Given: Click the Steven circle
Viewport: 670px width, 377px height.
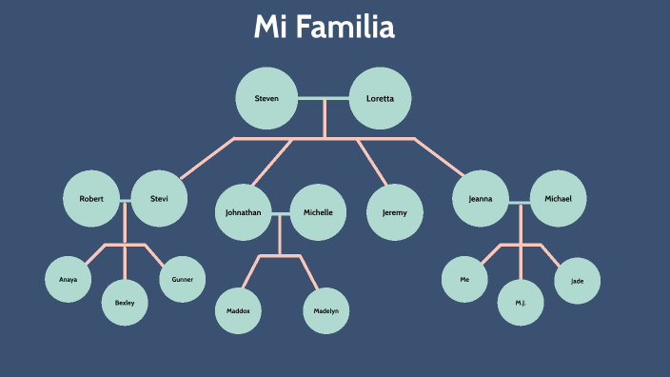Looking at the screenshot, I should point(266,98).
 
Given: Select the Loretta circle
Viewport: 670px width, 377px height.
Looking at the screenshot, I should point(380,98).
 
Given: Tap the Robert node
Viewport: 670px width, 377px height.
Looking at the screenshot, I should point(91,199).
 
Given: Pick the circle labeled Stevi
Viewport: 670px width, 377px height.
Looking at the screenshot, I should point(159,199).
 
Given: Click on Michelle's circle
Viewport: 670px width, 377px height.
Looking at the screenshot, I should point(319,212).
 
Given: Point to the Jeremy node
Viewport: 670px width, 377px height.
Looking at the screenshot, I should point(395,212).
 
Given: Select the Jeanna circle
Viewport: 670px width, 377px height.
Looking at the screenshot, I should point(482,199).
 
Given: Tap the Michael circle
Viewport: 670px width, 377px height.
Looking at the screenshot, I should point(558,199).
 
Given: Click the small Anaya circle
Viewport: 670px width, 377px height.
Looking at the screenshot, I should point(69,280).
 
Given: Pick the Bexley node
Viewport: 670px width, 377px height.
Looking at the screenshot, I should point(125,303).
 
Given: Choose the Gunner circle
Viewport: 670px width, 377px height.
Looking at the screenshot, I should point(182,280).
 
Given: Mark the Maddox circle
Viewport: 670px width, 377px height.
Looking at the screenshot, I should point(238,311).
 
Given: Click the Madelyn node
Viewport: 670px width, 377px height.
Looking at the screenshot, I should point(325,311).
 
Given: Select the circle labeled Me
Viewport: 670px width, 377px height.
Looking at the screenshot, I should point(464,280).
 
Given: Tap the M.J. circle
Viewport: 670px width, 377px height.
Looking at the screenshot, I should point(521,303).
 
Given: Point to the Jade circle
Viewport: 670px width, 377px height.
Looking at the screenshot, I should point(578,280).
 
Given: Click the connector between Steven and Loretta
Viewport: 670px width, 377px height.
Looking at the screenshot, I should point(324,98).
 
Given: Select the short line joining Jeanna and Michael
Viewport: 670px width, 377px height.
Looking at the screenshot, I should point(520,202).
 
